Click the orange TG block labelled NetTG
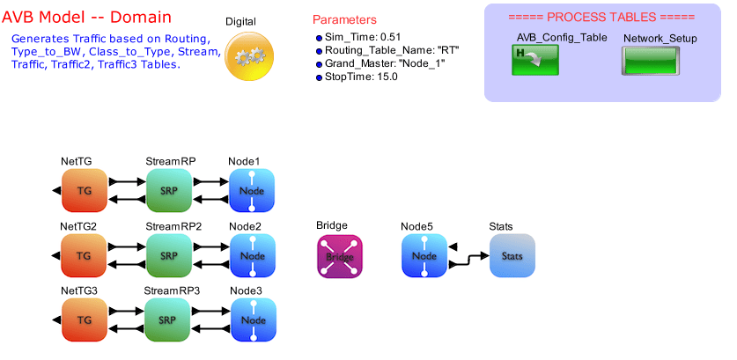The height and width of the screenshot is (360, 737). pyautogui.click(x=85, y=191)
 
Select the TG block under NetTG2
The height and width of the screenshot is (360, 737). pyautogui.click(x=85, y=256)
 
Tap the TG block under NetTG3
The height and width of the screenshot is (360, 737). pyautogui.click(x=85, y=320)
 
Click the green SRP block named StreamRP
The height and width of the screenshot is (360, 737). pyautogui.click(x=169, y=191)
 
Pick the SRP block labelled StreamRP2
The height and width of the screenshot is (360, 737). pyautogui.click(x=169, y=256)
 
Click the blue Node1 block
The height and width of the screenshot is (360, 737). pyautogui.click(x=252, y=191)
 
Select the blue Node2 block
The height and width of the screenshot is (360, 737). pyautogui.click(x=252, y=256)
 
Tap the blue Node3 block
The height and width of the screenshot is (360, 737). pyautogui.click(x=254, y=320)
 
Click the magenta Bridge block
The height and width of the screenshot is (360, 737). pyautogui.click(x=339, y=256)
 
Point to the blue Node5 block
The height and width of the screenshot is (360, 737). pyautogui.click(x=424, y=256)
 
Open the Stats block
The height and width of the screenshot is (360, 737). pyautogui.click(x=512, y=256)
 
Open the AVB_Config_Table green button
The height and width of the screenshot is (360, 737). pyautogui.click(x=534, y=62)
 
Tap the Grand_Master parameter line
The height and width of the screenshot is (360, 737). pyautogui.click(x=380, y=63)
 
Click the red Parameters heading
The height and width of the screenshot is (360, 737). pyautogui.click(x=344, y=19)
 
